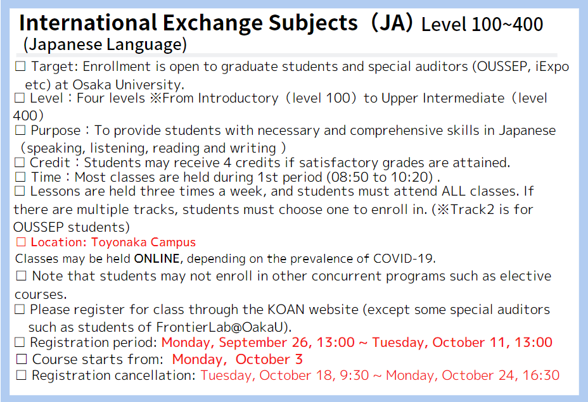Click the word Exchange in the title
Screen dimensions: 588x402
point(213,23)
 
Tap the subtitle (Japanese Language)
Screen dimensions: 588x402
point(105,44)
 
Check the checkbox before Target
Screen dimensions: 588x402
point(20,66)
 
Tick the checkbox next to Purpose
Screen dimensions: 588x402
point(20,130)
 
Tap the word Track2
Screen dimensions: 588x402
point(472,209)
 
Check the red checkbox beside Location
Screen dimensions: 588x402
point(21,242)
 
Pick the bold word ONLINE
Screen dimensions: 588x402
point(157,258)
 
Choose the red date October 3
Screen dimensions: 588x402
point(269,360)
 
